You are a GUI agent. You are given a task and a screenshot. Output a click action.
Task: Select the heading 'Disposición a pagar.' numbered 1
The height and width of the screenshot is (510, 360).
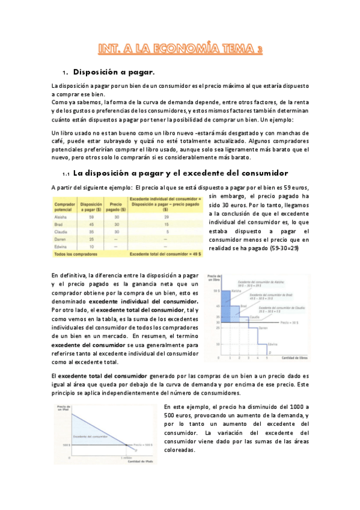pyautogui.click(x=114, y=73)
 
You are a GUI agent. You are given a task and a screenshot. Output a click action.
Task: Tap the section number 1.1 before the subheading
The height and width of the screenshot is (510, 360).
pyautogui.click(x=66, y=173)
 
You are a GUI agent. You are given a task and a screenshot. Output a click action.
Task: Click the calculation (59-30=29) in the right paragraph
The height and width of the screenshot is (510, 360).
pyautogui.click(x=282, y=248)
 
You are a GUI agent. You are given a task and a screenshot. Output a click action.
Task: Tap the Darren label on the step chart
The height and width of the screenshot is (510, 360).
pyautogui.click(x=263, y=328)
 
